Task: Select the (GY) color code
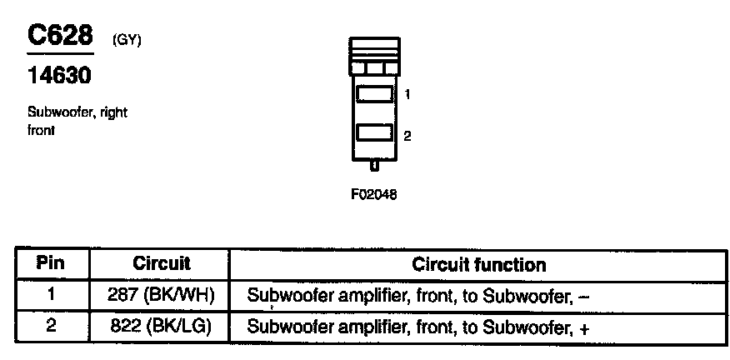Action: [x=126, y=38]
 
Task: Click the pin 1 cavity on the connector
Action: [x=374, y=94]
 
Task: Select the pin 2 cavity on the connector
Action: [x=374, y=133]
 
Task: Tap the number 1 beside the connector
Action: [x=407, y=95]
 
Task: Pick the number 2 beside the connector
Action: [x=407, y=136]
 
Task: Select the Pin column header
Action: [x=52, y=264]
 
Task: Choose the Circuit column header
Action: [x=162, y=264]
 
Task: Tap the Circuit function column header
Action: [x=479, y=265]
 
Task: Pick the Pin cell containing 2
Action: [x=52, y=326]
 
